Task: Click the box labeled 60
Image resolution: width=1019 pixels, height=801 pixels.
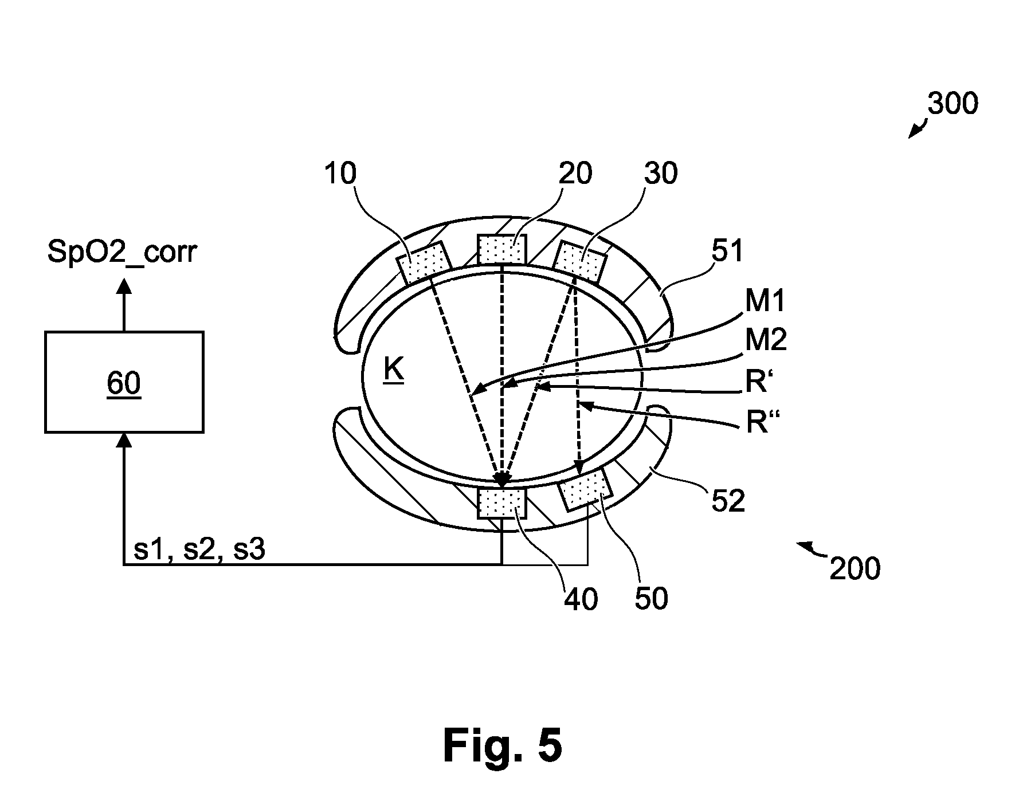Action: coord(124,382)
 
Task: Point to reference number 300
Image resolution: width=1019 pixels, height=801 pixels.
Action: coord(953,104)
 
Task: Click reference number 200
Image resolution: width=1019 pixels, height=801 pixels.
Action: coord(855,569)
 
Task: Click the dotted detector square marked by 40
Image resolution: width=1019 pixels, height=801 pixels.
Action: coord(501,502)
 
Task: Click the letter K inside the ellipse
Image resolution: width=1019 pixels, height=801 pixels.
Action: coord(394,371)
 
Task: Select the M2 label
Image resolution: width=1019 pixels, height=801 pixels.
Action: coord(766,340)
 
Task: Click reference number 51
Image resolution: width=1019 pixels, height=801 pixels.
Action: coord(727,250)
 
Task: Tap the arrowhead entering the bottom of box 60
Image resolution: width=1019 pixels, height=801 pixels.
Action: coord(124,440)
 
